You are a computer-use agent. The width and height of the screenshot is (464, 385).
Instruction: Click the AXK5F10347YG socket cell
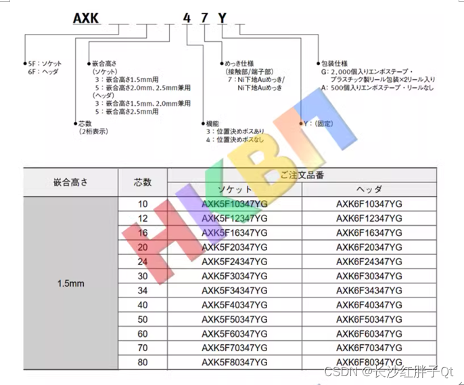(x=235, y=203)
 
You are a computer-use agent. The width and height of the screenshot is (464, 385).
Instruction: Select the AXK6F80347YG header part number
(x=369, y=362)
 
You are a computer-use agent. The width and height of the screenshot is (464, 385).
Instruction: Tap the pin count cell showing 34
(x=142, y=290)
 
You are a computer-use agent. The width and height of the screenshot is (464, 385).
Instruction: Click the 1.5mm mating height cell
(x=71, y=283)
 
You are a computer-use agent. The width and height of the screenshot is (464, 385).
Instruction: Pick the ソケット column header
(x=235, y=189)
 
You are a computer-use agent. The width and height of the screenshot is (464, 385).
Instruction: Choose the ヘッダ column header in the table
(x=369, y=189)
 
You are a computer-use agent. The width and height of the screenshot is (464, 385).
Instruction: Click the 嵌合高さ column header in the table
(x=71, y=182)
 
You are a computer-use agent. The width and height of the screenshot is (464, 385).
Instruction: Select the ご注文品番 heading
(x=302, y=175)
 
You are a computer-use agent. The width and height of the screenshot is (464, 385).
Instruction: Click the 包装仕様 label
(x=334, y=62)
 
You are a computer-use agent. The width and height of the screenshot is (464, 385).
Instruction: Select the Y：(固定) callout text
(x=320, y=124)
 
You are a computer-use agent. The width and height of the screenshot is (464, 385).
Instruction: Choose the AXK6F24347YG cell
(x=369, y=261)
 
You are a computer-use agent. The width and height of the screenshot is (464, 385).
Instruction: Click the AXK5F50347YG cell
(x=235, y=319)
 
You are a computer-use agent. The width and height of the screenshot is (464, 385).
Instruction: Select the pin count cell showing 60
(x=142, y=333)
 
